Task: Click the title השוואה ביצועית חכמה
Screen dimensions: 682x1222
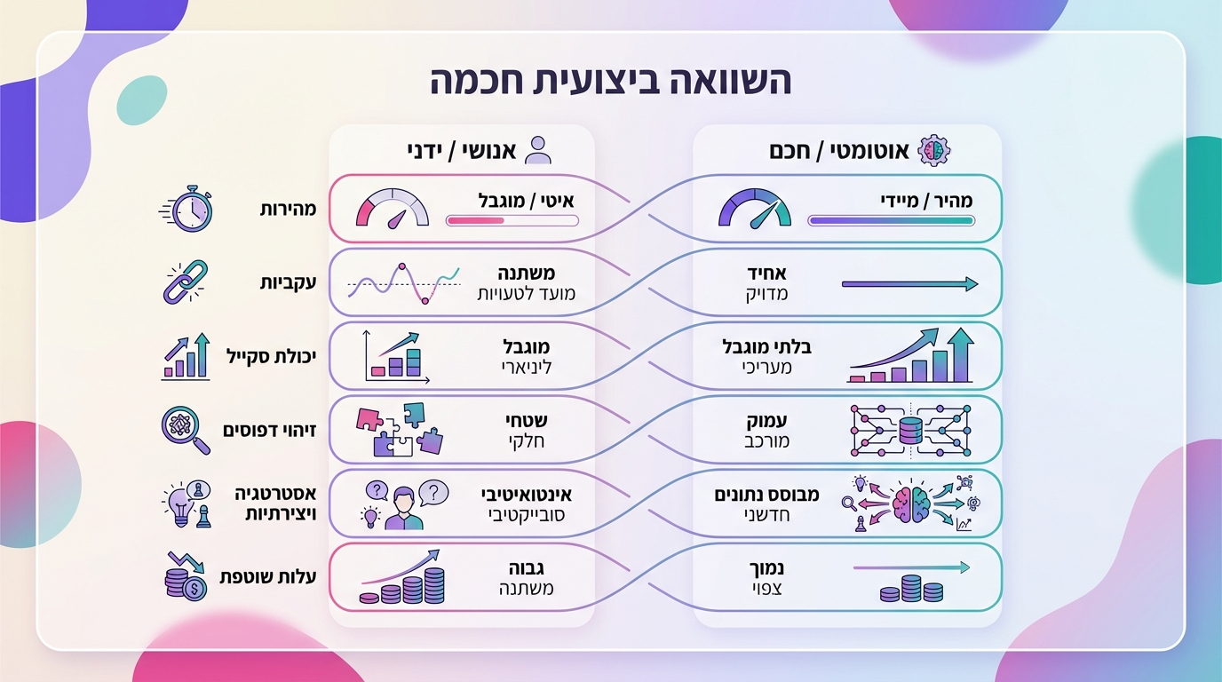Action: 611,81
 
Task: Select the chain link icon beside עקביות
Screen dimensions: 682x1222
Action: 186,282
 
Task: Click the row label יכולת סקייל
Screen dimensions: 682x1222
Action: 271,355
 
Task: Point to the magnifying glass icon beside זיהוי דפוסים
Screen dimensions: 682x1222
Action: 186,430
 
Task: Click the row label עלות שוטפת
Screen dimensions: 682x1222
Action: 268,577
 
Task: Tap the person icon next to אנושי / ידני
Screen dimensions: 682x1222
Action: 537,150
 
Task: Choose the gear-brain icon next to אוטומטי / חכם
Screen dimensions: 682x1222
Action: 933,150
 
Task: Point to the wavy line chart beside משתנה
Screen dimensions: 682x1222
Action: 403,282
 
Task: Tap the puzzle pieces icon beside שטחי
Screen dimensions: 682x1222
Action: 402,430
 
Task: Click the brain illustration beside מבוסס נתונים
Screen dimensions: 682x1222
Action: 912,504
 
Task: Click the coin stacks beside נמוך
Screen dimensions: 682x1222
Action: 900,588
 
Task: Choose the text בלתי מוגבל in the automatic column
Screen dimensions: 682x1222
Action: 767,346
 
